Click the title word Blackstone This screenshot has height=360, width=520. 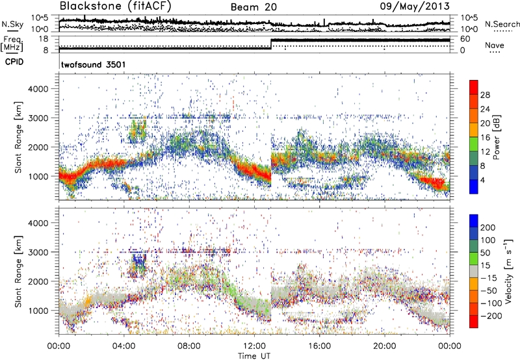(x=87, y=7)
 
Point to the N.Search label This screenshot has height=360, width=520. (x=501, y=24)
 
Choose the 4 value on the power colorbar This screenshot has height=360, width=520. (x=484, y=178)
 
